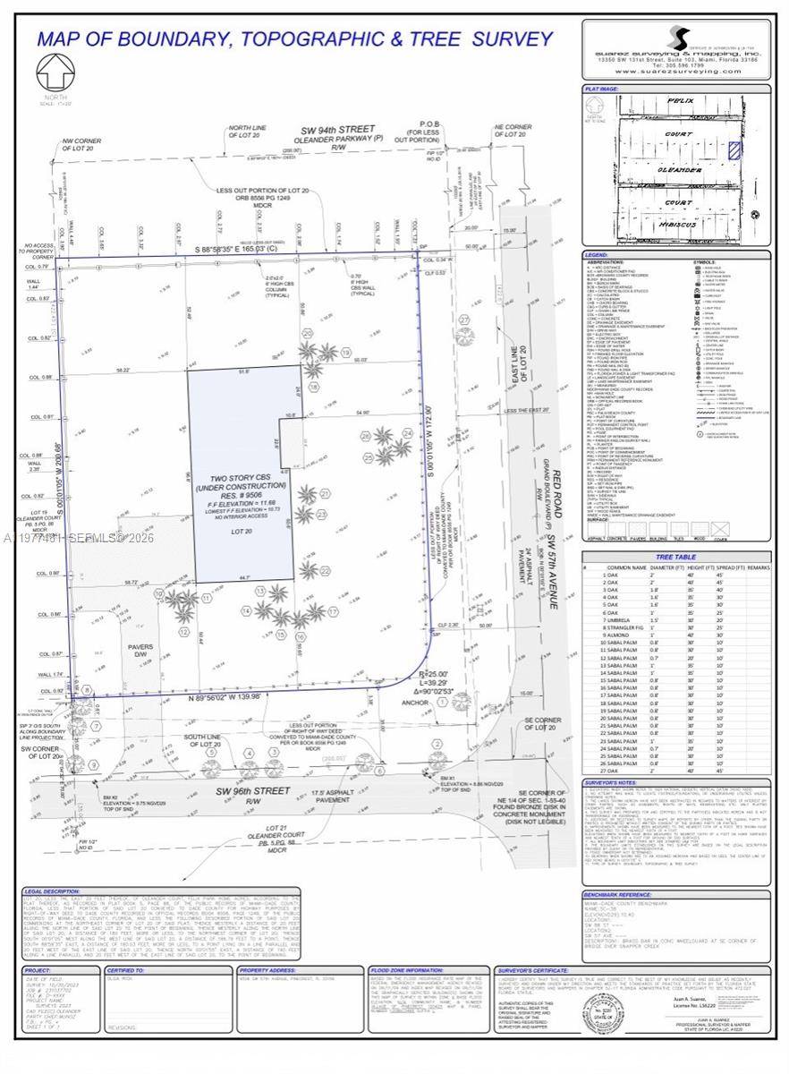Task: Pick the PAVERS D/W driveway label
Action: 140,650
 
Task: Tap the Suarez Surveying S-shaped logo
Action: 681,38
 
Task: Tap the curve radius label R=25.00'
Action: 433,674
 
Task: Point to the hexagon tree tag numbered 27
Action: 464,319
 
